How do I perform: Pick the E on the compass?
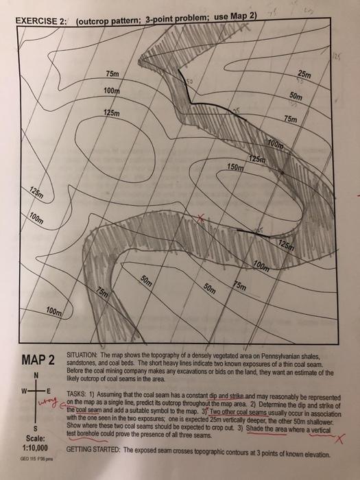tap(51, 392)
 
